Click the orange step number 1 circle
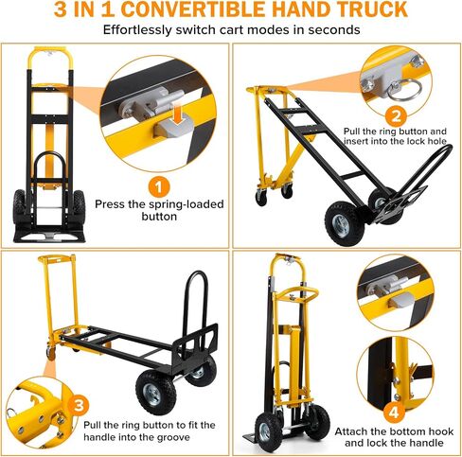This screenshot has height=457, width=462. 159,187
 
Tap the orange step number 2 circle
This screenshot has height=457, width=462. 396,115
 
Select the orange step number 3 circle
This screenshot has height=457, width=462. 79,405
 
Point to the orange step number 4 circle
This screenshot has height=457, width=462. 394,413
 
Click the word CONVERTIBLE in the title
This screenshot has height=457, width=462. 192,9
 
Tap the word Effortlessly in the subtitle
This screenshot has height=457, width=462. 137,30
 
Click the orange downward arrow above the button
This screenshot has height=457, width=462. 179,114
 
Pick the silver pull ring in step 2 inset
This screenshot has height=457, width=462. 407,89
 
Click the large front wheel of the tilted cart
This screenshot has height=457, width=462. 345,223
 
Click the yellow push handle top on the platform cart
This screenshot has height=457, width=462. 57,259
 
